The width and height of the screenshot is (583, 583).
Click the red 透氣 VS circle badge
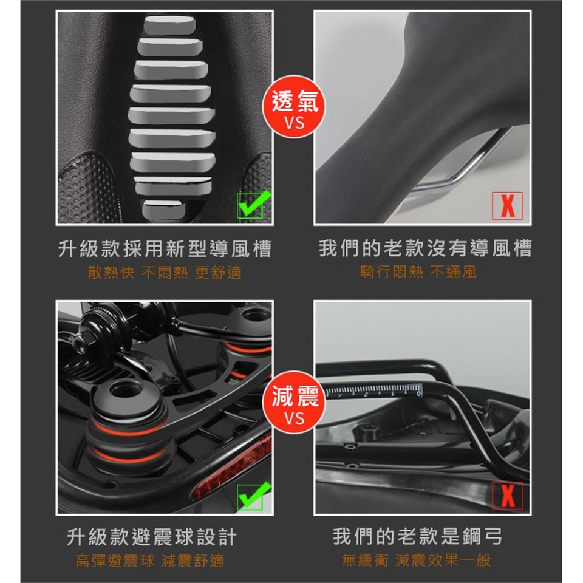(294, 107)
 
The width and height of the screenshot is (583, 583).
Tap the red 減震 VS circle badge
(294, 402)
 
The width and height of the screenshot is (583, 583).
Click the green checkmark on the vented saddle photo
(254, 204)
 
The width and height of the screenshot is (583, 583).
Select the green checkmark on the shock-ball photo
(254, 496)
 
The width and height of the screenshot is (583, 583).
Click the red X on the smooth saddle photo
(507, 205)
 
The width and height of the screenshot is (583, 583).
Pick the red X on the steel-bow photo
(507, 496)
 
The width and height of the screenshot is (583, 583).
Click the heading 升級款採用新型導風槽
(165, 249)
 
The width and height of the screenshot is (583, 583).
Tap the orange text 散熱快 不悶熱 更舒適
(165, 273)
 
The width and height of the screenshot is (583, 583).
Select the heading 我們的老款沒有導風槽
(425, 248)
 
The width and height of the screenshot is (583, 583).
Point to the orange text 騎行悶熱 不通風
(418, 272)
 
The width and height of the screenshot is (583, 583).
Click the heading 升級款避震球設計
(152, 537)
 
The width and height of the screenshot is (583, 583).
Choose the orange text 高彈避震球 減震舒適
(150, 561)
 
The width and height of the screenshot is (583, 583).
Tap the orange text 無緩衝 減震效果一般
(416, 560)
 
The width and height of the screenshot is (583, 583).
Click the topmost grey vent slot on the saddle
(170, 25)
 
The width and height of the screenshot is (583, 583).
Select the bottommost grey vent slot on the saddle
(163, 210)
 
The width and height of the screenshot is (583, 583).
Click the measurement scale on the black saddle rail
(373, 390)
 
